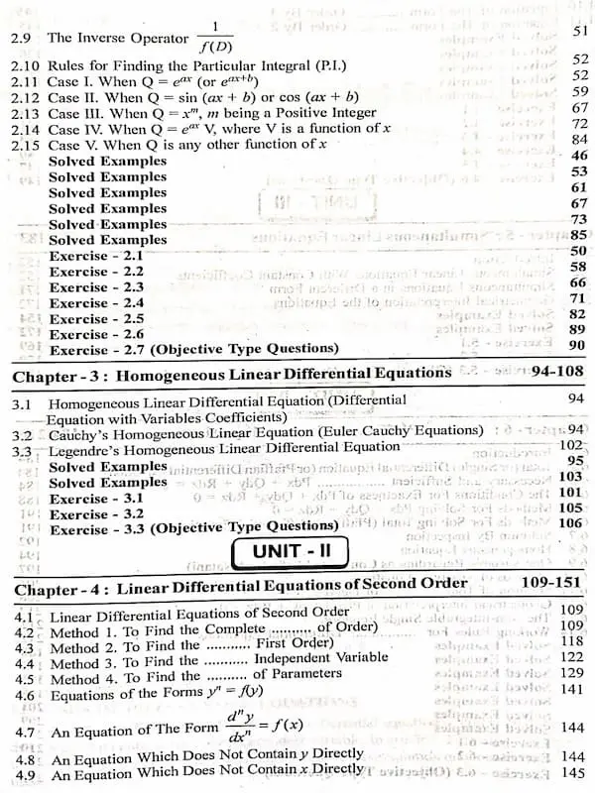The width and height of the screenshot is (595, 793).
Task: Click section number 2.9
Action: click(24, 38)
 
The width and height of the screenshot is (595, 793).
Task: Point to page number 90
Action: click(577, 345)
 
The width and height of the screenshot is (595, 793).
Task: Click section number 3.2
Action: click(21, 434)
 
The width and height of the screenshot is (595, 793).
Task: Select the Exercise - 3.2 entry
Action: click(96, 513)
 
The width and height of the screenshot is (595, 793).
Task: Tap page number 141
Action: click(572, 689)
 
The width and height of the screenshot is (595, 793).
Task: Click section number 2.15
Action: click(25, 145)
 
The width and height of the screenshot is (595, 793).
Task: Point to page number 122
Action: click(572, 656)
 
